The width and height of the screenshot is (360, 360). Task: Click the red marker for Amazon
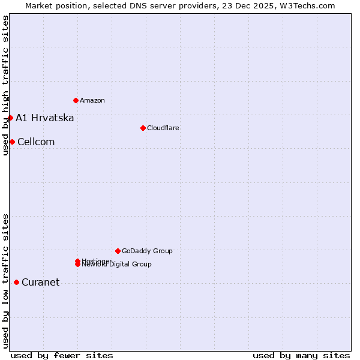point(76,100)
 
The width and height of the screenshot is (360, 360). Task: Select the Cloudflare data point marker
point(143,128)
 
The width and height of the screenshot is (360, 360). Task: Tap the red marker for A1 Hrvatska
point(10,118)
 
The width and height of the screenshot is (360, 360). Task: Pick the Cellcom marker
point(12,142)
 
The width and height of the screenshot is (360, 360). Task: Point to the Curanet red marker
point(16,282)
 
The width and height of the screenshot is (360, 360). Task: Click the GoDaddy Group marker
point(118,251)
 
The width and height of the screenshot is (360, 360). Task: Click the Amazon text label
point(92,100)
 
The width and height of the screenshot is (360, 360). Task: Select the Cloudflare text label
point(163,128)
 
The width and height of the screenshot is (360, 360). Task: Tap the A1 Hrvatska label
point(44,118)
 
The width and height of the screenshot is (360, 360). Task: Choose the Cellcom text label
point(36,142)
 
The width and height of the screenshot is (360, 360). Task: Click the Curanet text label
point(40,283)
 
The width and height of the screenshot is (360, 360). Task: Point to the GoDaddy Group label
point(147,251)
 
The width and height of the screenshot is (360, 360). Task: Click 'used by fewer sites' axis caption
point(62,355)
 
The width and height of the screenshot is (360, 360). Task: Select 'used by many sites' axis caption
point(301,355)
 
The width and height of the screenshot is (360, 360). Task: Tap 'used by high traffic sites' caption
point(5,85)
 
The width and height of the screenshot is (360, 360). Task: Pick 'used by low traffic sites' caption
point(5,281)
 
